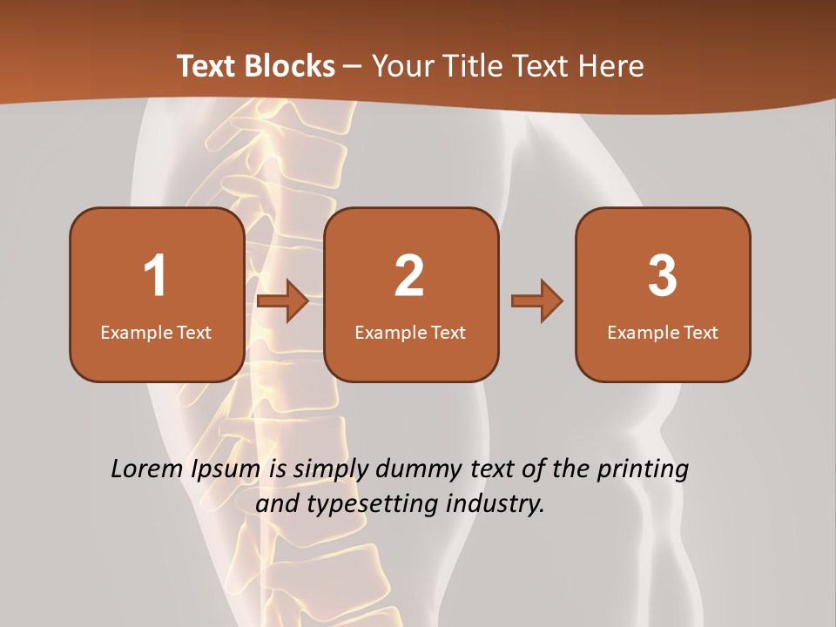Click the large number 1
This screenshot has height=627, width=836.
(x=155, y=276)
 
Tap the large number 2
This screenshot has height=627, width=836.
(x=409, y=276)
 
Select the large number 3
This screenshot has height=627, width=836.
(x=663, y=276)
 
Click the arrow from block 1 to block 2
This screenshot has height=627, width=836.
(x=284, y=301)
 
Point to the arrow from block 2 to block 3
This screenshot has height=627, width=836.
(x=537, y=301)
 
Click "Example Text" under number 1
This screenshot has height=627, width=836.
(x=156, y=333)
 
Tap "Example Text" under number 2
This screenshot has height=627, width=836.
(x=410, y=333)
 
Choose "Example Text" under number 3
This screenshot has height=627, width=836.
(x=663, y=333)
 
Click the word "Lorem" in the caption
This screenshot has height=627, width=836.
(x=147, y=469)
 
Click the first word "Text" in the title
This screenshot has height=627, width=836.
(x=207, y=66)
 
